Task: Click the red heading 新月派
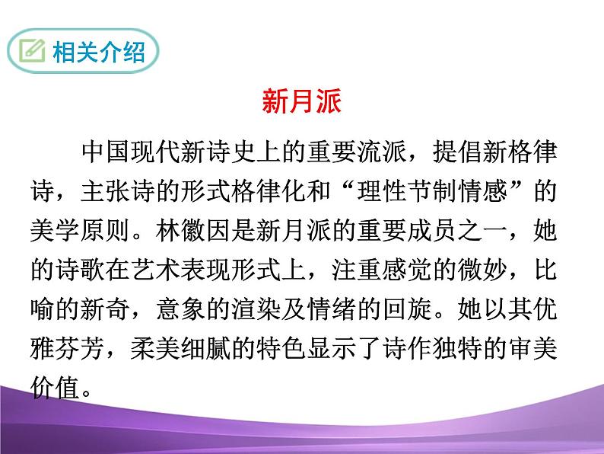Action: coord(302,101)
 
